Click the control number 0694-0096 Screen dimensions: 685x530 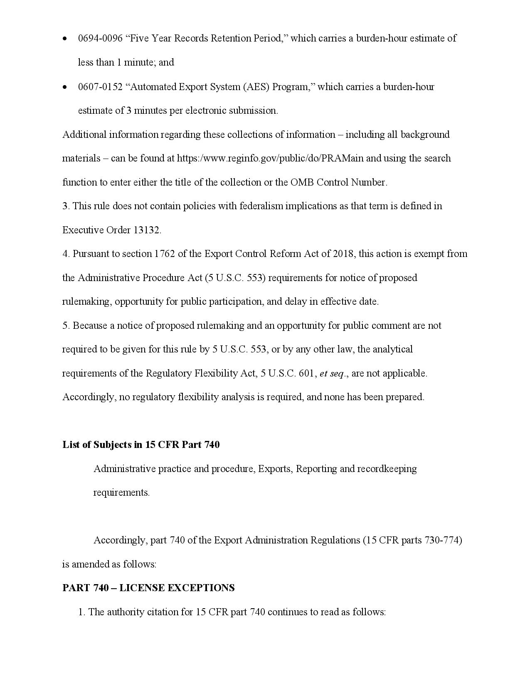point(100,39)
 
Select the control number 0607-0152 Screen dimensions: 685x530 point(100,87)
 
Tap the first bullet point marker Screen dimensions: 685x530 point(64,39)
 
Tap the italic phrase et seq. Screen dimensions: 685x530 point(332,373)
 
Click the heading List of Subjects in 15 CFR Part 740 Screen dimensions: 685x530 point(141,445)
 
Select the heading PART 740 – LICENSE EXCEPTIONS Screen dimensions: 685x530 point(148,588)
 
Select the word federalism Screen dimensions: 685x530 point(261,206)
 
